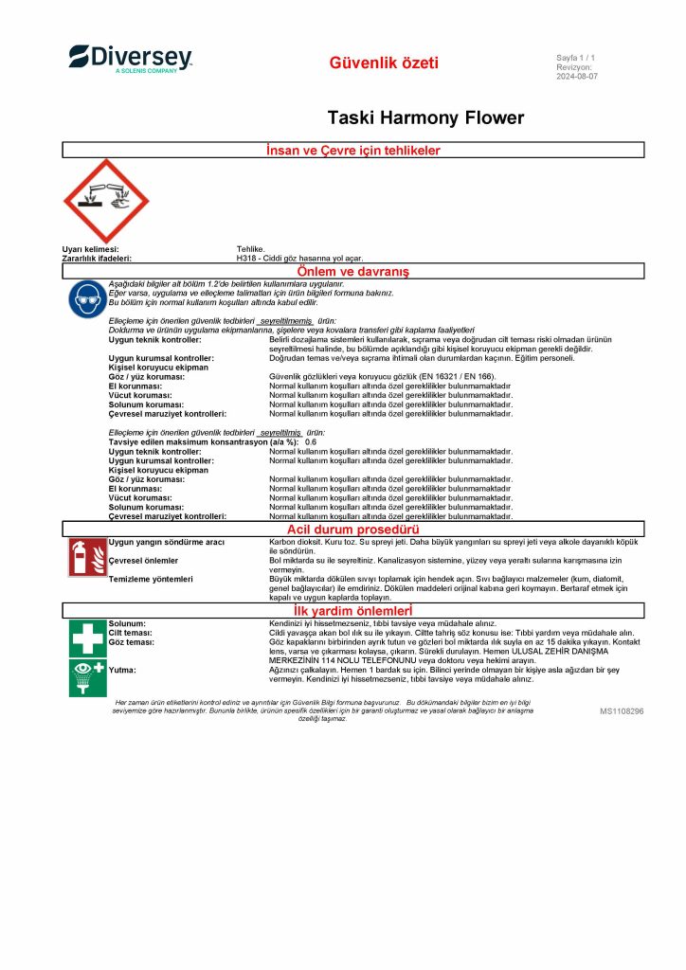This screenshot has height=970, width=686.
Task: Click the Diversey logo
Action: [x=130, y=59]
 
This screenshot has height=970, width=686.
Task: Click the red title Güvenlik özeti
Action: [x=384, y=63]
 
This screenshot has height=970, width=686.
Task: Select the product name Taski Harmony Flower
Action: [x=425, y=118]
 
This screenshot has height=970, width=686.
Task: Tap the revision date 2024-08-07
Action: [x=577, y=77]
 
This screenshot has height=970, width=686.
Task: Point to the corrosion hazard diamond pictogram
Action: [x=105, y=201]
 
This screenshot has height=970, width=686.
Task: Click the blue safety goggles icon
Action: [x=86, y=299]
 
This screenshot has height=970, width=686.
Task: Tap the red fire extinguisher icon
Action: [x=86, y=557]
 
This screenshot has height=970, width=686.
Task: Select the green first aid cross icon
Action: [x=86, y=638]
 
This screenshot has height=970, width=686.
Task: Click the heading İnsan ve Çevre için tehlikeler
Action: [x=353, y=151]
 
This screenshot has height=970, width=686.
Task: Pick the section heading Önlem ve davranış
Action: [x=352, y=272]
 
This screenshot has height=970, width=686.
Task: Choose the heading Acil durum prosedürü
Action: [x=352, y=529]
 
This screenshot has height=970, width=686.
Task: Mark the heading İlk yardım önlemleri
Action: [x=352, y=610]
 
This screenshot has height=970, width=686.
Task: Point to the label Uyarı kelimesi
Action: [x=90, y=249]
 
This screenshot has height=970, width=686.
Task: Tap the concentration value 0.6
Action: [x=311, y=442]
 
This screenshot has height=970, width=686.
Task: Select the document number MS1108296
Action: [x=622, y=710]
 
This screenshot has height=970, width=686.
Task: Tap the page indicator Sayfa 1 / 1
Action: [x=575, y=59]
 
